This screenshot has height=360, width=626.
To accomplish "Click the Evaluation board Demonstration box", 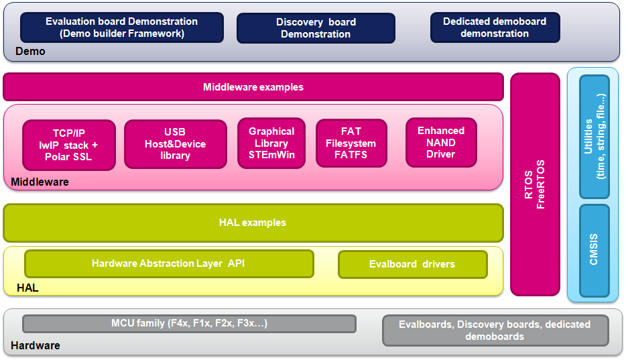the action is click(122, 27).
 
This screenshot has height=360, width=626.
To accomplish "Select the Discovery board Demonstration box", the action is click(316, 28).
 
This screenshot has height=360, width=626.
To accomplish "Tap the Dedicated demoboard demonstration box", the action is click(495, 27).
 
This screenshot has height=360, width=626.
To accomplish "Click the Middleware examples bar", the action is click(253, 87).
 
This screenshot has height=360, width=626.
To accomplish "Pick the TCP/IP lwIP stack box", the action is click(69, 145).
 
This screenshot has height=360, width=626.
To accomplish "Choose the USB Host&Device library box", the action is click(176, 144).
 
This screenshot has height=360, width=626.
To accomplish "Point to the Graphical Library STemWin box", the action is click(271, 143).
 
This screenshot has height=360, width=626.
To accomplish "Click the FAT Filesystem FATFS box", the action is click(351, 143).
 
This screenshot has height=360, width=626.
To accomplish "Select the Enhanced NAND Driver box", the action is click(441, 143).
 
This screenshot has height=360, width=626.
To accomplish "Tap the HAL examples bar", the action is click(253, 223).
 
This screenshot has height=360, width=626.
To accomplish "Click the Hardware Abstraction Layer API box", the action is click(169, 264).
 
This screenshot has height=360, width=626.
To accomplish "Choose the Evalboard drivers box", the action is click(413, 264).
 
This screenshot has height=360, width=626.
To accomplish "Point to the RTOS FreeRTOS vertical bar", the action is click(535, 184).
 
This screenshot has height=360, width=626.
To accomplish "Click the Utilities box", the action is click(594, 137).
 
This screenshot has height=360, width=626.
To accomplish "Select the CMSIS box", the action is click(594, 251).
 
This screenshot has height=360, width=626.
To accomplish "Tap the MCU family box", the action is click(189, 324).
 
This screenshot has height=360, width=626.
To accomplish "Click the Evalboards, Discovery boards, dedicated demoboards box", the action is click(495, 331).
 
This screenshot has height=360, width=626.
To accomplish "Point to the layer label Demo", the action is click(30, 52).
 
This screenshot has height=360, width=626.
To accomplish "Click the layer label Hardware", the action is click(36, 346).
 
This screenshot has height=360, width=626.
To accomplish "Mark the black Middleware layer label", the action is click(40, 182).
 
